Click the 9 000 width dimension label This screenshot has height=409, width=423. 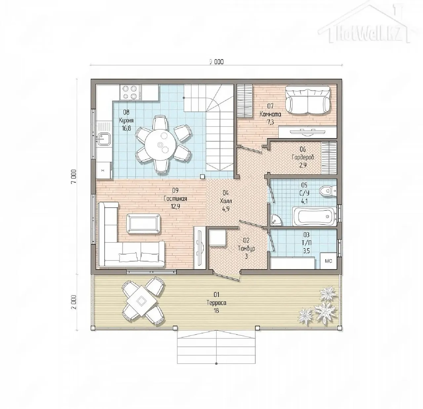pos(216,62)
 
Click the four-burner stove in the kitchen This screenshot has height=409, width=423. pos(130,92)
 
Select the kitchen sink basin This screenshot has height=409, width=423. pos(104,140)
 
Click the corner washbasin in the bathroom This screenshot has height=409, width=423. pos(276,220)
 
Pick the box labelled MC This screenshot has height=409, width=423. pos(328,261)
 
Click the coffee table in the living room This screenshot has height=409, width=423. pos(143,224)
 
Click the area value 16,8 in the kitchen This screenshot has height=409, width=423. pos(126,128)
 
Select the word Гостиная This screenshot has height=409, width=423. pos(175,198)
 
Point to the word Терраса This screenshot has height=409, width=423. pos(216,303)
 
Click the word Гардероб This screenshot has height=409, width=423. pos(303,157)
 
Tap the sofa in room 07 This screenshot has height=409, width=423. pos(308,100)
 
